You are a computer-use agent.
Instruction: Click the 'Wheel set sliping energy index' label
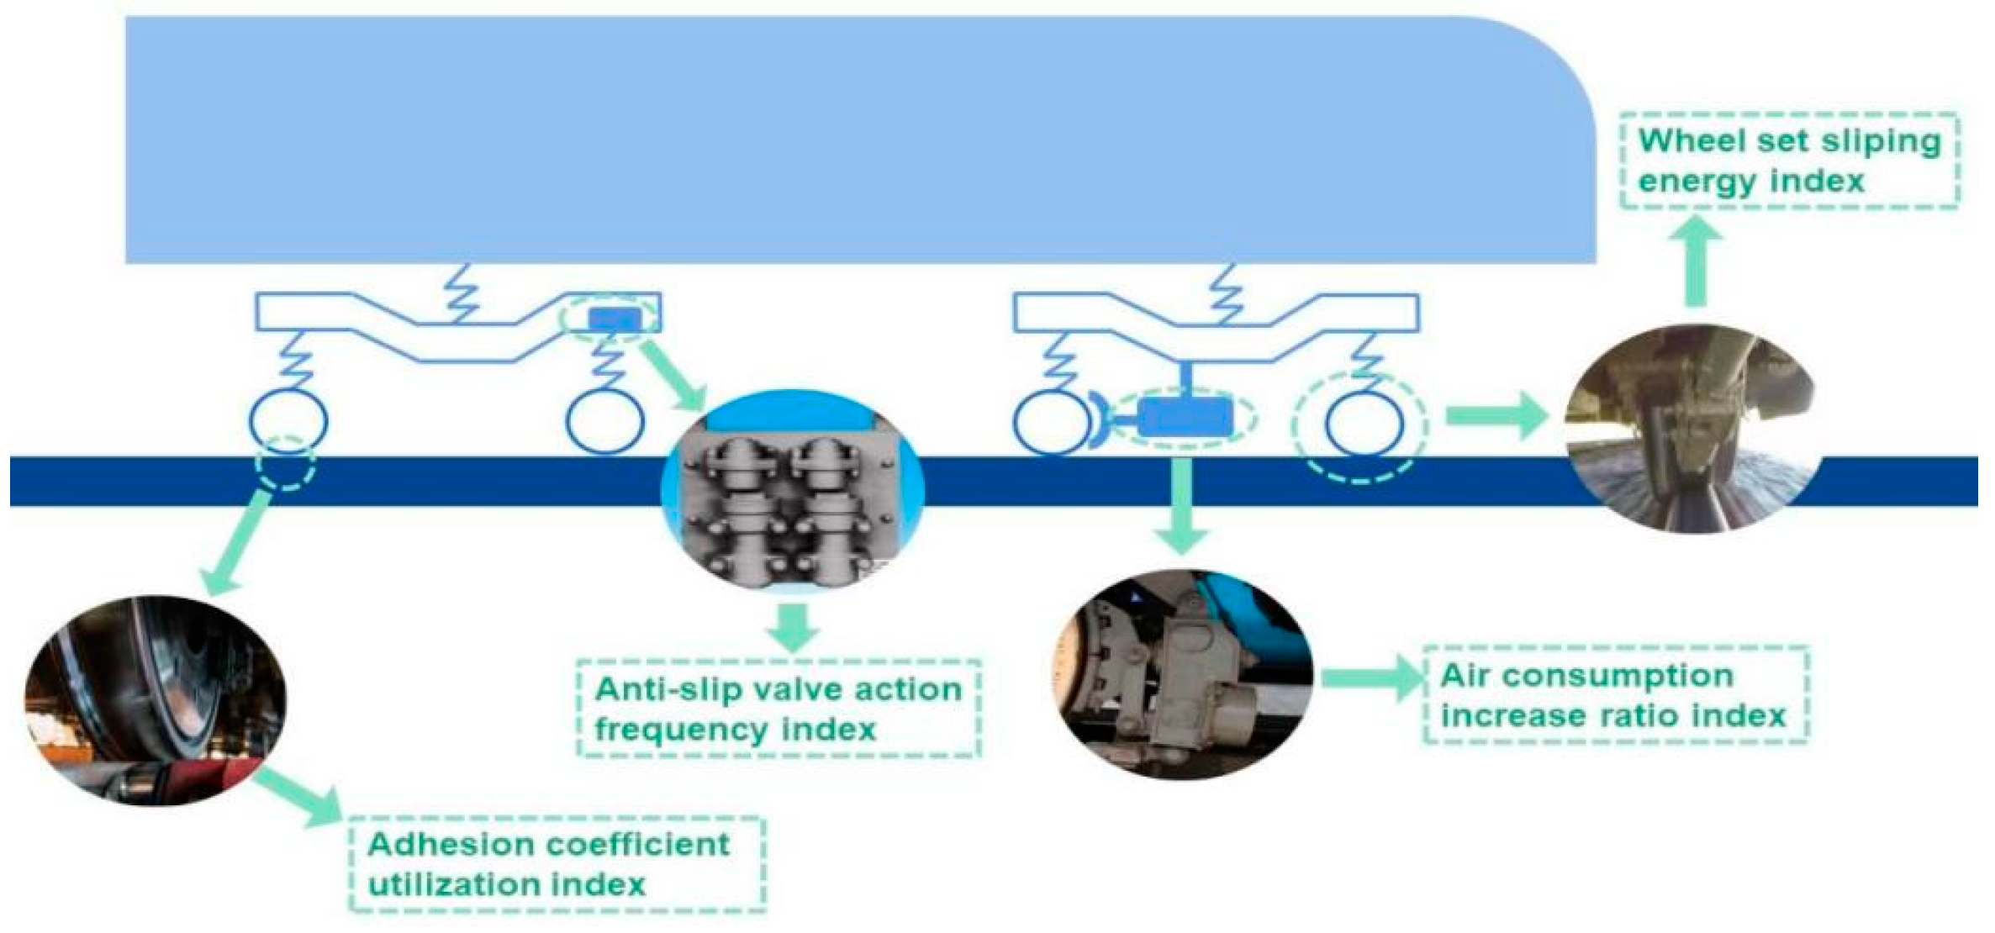pos(1789,161)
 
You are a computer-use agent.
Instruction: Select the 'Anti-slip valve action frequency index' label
pos(778,709)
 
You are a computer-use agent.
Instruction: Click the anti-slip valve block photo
pos(793,491)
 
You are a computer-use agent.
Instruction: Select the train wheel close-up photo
pos(155,700)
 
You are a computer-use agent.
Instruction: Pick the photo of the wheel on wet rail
pos(1690,429)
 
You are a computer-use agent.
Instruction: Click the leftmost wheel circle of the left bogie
pos(288,421)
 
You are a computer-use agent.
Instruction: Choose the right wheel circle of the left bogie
pos(605,421)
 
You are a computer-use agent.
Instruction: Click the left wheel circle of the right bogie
pos(1051,423)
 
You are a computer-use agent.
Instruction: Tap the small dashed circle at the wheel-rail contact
pos(287,464)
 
